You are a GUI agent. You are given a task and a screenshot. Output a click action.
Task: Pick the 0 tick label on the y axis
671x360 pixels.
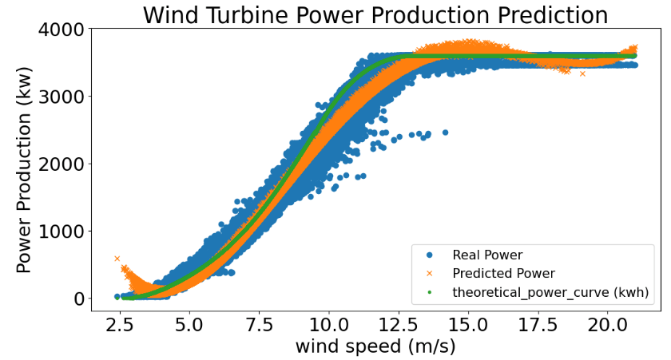[77, 299]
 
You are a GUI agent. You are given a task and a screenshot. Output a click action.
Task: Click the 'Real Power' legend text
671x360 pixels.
[487, 255]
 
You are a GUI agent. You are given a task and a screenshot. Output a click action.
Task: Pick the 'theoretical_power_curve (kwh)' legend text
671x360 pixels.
[551, 292]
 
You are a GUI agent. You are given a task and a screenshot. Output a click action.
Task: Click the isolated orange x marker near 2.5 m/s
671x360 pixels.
[117, 259]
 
